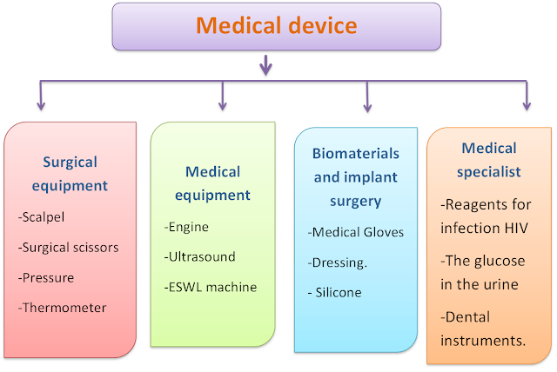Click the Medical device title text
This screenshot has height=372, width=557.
click(277, 25)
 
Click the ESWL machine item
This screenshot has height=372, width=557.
click(210, 286)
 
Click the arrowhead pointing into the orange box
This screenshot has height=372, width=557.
click(527, 107)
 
